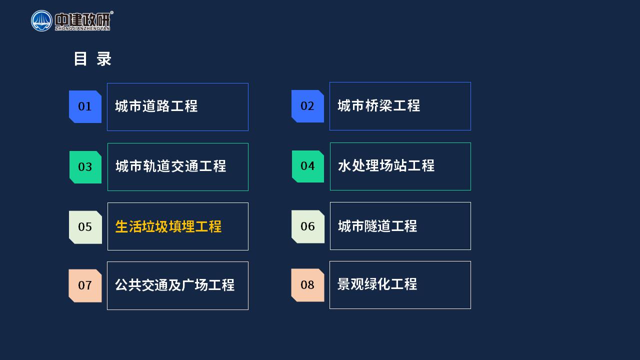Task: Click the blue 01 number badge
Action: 85,106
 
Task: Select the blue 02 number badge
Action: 307,106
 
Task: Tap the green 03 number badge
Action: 85,167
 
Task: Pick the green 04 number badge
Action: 308,166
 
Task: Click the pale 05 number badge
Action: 85,227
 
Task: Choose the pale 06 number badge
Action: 308,226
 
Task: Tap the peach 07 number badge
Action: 85,285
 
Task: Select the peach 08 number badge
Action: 307,285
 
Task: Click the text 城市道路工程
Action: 156,106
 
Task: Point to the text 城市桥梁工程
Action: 379,105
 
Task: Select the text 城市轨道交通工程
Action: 171,166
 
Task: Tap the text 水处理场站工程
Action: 386,165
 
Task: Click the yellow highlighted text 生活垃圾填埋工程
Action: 168,227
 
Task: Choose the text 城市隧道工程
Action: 377,226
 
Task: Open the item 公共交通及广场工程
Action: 175,285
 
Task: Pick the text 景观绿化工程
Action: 377,284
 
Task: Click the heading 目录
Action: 92,59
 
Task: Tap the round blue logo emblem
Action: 41,21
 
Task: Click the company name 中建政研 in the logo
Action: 83,19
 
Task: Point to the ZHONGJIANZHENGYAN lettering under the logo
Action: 82,28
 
